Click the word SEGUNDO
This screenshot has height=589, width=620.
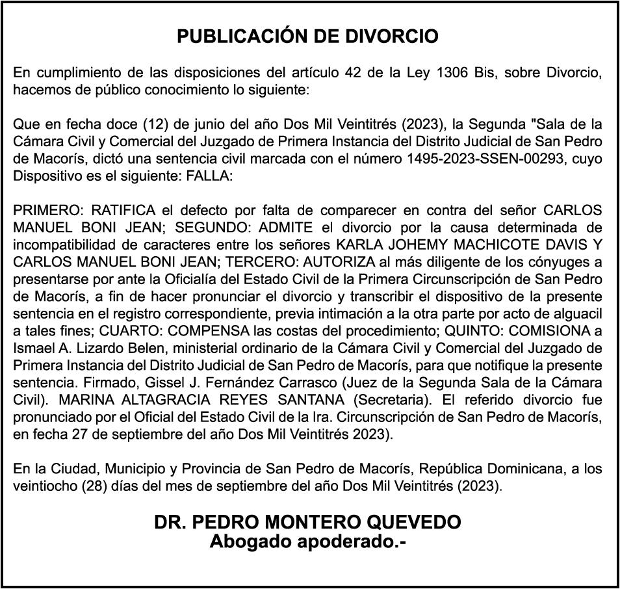click(x=213, y=228)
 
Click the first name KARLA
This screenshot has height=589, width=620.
click(x=355, y=246)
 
